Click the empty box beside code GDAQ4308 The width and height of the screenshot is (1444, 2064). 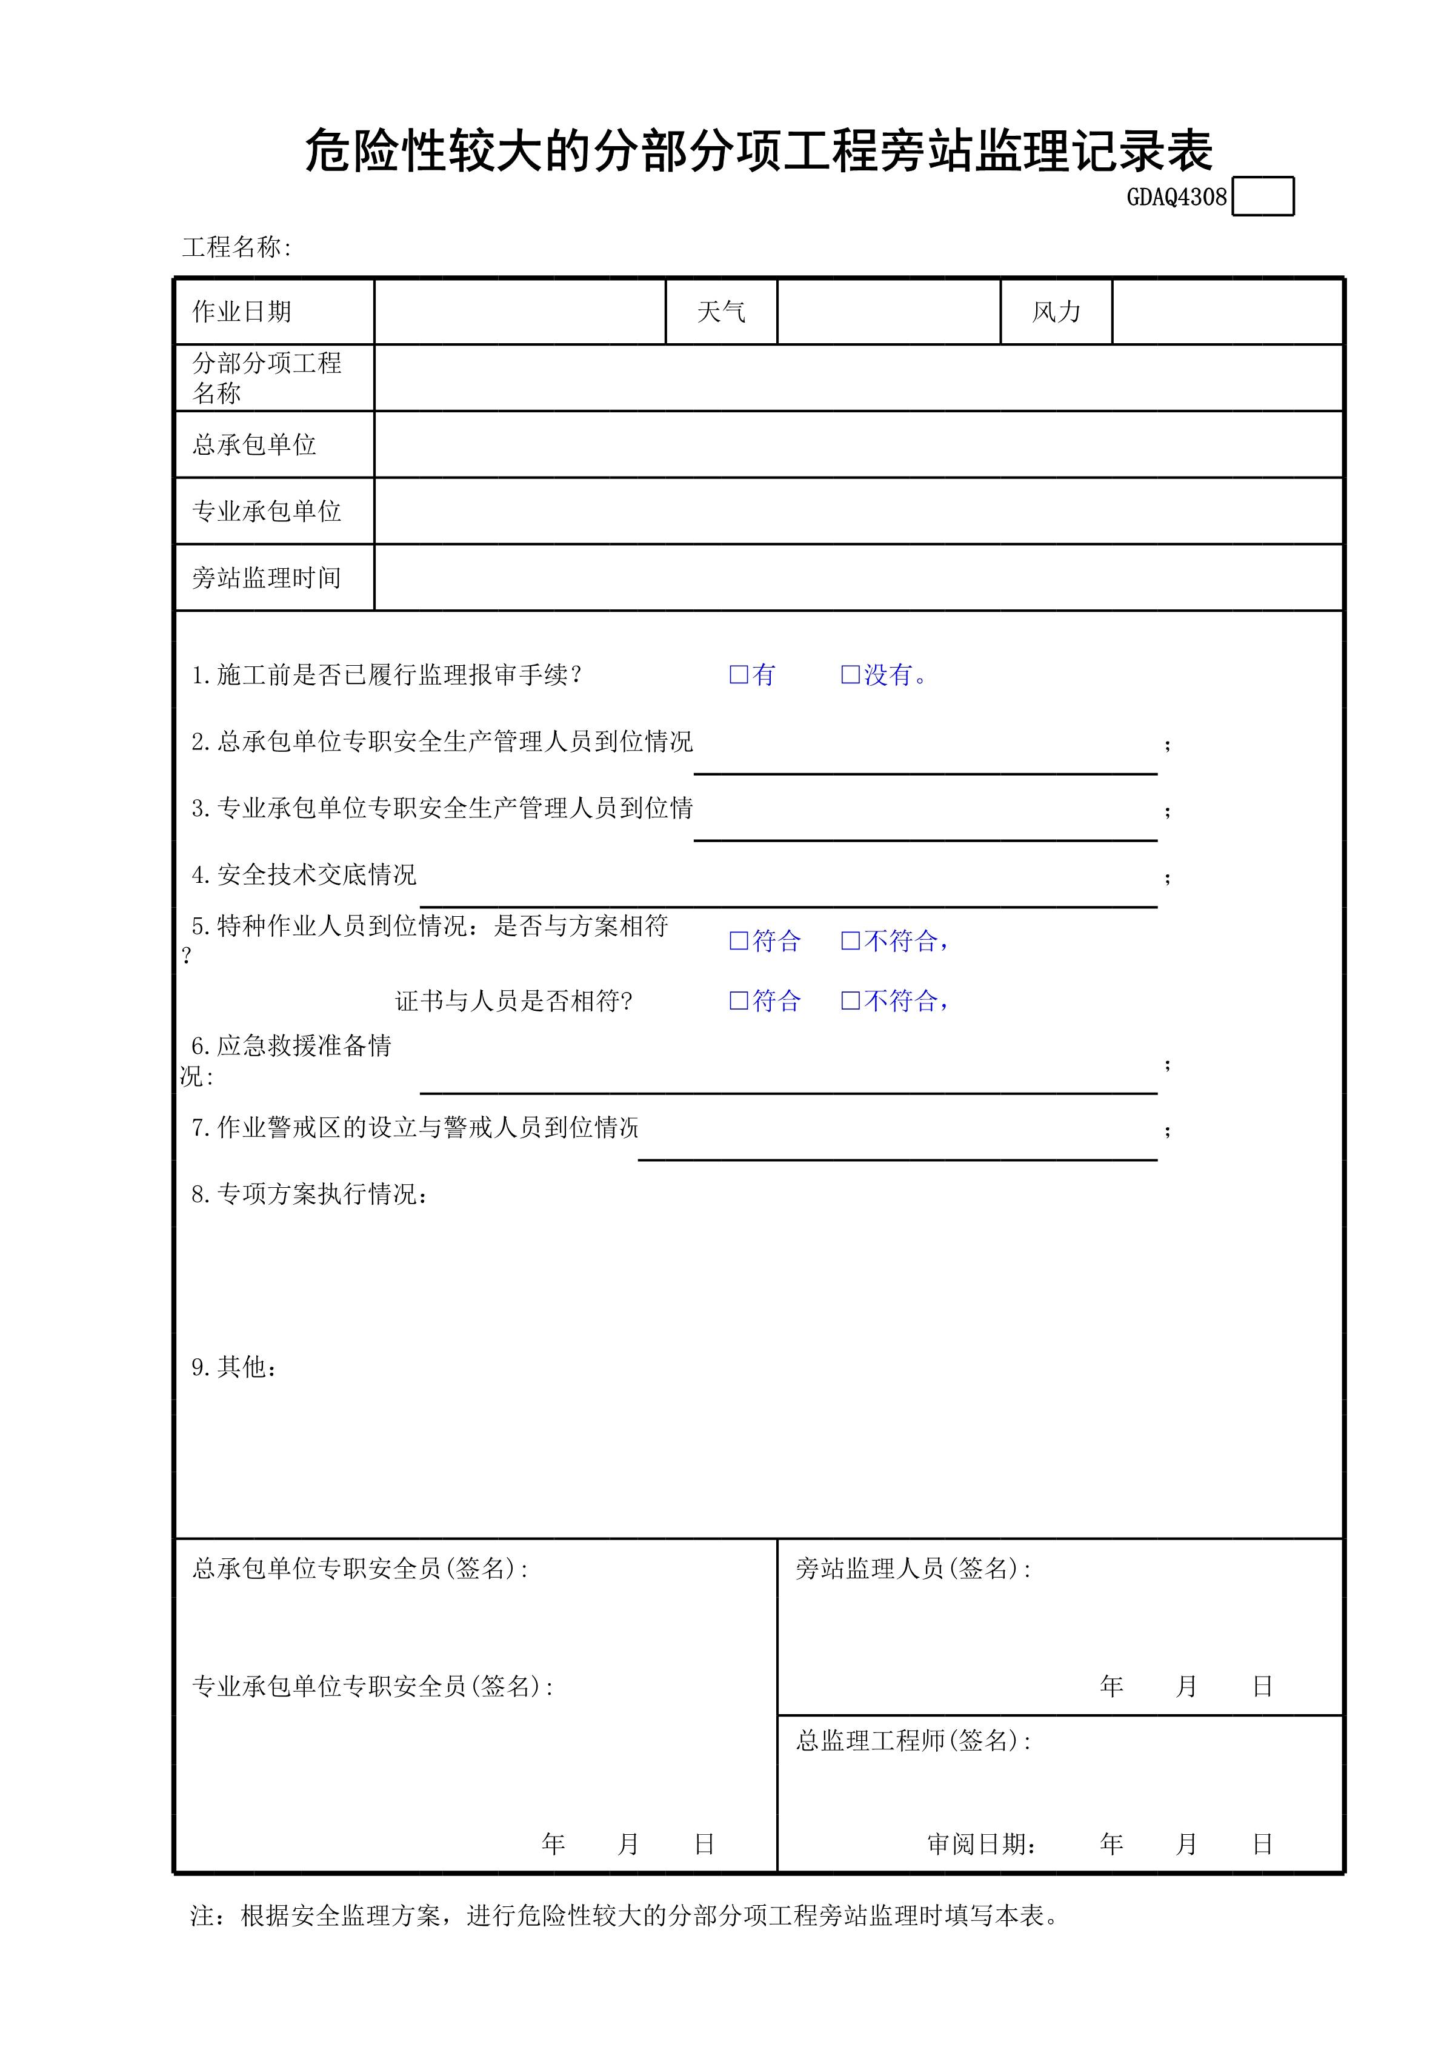click(1262, 197)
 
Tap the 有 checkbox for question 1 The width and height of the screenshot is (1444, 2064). click(739, 674)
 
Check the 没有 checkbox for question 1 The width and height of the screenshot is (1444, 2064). click(850, 674)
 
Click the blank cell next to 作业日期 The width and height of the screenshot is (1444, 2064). click(519, 312)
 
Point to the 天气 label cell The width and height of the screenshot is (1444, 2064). click(720, 312)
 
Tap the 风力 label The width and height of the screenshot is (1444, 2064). click(1056, 312)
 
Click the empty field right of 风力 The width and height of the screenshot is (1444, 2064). click(1226, 312)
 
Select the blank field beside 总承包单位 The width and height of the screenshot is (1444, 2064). click(858, 444)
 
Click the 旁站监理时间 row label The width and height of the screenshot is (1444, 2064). click(267, 578)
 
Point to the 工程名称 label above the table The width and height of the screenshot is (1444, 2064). click(236, 247)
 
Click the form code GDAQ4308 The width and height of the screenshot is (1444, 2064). click(1176, 198)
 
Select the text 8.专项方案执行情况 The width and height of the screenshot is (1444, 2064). click(309, 1194)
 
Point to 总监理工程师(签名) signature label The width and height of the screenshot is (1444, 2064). click(912, 1741)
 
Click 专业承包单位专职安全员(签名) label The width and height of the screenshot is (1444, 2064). click(372, 1686)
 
